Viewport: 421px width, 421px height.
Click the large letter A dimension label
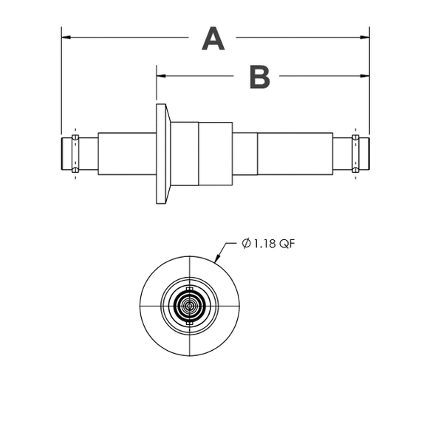click(213, 38)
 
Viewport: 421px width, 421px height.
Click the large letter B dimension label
click(260, 77)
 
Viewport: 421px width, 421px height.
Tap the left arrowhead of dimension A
click(66, 37)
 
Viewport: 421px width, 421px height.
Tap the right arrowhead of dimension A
click(365, 37)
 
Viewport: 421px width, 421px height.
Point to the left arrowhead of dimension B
click(161, 76)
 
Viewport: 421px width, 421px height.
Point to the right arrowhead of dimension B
click(365, 76)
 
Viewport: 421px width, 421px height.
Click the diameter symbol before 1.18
click(246, 243)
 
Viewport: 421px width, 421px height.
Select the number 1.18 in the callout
click(264, 244)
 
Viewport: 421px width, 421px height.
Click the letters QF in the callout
click(287, 244)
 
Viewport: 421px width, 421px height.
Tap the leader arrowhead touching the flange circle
click(217, 258)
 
